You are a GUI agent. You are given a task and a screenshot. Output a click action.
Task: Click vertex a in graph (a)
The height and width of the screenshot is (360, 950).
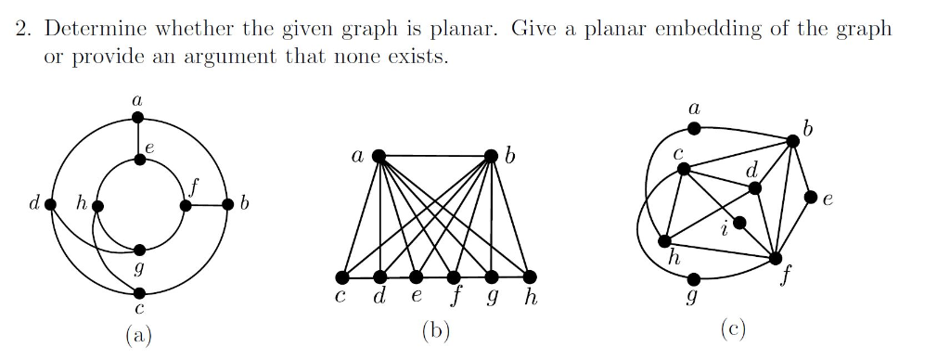pyautogui.click(x=137, y=117)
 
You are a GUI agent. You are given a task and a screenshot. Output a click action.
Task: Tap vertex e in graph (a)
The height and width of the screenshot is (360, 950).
pyautogui.click(x=139, y=160)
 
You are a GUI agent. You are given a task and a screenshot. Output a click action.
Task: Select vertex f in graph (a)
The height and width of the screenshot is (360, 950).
pyautogui.click(x=186, y=206)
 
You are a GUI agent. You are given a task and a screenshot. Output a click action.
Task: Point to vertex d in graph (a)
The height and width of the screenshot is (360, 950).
pyautogui.click(x=51, y=205)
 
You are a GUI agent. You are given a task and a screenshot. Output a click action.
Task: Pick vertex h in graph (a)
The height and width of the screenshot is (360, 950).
pyautogui.click(x=96, y=206)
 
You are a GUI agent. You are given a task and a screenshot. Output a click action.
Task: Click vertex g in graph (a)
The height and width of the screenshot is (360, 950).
pyautogui.click(x=139, y=250)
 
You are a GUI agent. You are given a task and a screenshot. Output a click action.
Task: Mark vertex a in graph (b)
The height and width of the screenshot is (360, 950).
pyautogui.click(x=379, y=157)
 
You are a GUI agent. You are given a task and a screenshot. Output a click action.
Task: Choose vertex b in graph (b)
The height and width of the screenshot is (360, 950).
pyautogui.click(x=493, y=157)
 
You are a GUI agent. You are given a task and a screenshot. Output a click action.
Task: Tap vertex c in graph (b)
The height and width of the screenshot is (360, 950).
pyautogui.click(x=342, y=277)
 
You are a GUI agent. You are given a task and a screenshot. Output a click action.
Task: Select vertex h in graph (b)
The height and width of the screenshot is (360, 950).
pyautogui.click(x=530, y=277)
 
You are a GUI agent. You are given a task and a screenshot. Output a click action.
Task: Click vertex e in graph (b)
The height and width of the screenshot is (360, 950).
pyautogui.click(x=417, y=277)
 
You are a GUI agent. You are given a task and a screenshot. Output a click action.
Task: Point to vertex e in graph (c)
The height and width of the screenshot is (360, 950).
pyautogui.click(x=811, y=198)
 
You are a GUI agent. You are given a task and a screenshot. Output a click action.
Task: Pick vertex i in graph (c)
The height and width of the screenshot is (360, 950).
pyautogui.click(x=739, y=223)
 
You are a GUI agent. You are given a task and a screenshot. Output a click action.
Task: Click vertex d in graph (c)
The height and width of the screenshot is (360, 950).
pyautogui.click(x=754, y=188)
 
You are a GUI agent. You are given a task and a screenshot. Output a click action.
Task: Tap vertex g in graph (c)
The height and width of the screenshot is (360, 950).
pyautogui.click(x=695, y=277)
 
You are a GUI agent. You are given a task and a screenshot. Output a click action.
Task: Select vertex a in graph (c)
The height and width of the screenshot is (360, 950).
pyautogui.click(x=694, y=129)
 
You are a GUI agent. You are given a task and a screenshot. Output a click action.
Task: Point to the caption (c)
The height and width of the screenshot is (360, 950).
pyautogui.click(x=732, y=329)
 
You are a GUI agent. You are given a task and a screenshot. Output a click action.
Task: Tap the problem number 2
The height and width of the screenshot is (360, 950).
pyautogui.click(x=22, y=28)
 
